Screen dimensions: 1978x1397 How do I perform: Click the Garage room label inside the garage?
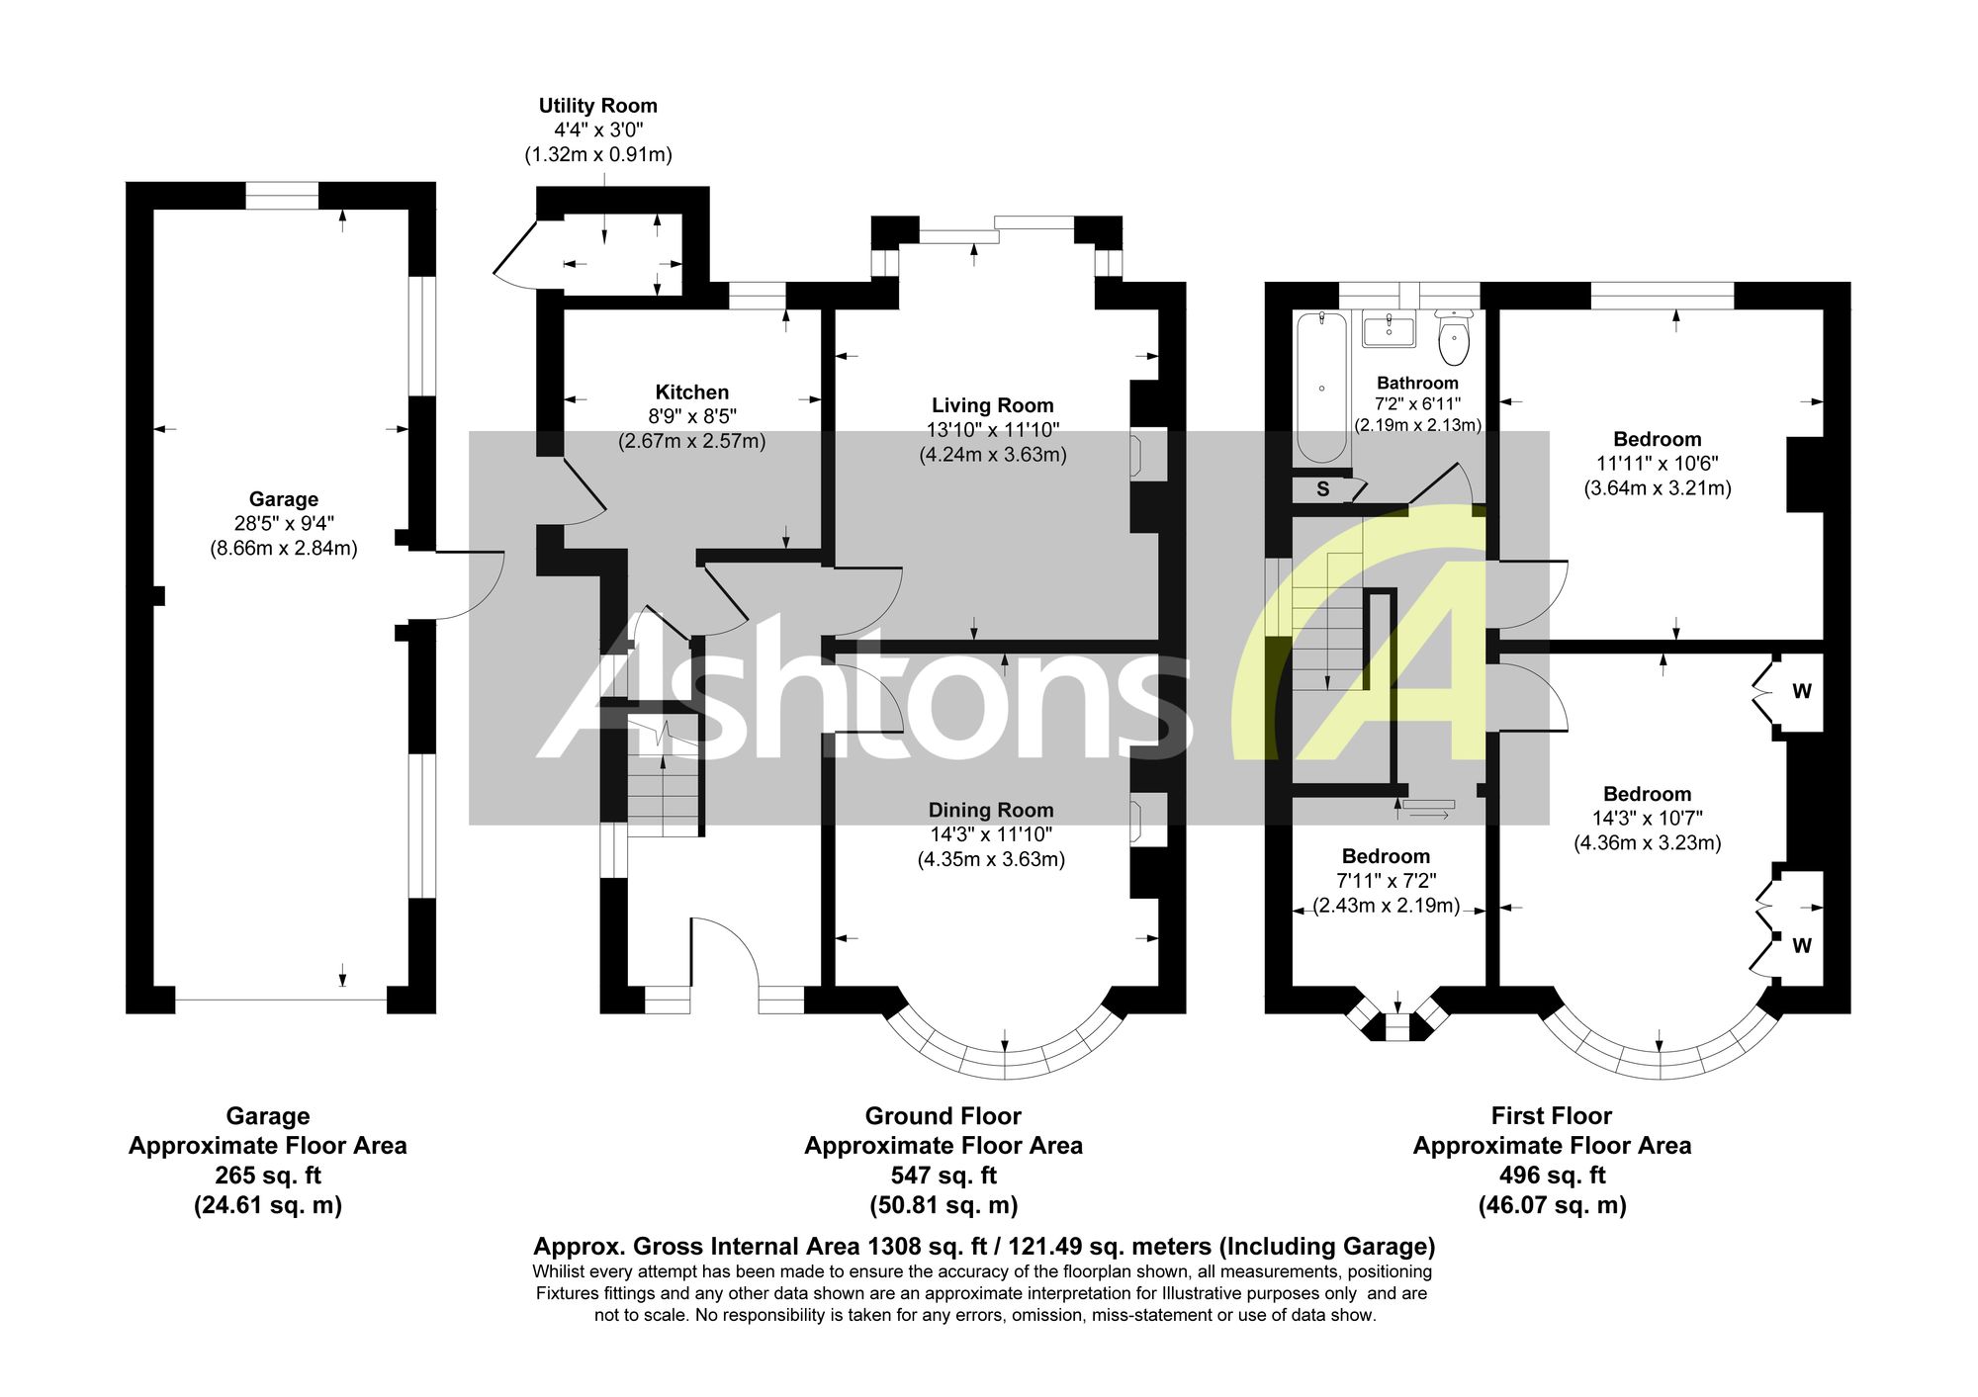click(284, 499)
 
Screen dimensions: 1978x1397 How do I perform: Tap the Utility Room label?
click(598, 106)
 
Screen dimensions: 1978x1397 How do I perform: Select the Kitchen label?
click(692, 393)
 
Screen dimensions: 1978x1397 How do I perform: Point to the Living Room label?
click(993, 405)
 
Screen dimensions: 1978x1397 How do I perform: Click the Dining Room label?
click(991, 810)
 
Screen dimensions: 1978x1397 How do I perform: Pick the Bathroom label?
click(1417, 383)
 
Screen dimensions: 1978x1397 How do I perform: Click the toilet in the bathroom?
click(1454, 337)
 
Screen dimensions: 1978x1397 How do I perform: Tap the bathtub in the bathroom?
click(1321, 387)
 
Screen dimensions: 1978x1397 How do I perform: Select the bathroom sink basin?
click(1389, 329)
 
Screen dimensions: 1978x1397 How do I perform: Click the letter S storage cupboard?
click(1323, 489)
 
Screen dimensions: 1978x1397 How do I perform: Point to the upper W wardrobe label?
click(1802, 691)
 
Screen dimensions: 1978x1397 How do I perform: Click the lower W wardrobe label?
click(1802, 946)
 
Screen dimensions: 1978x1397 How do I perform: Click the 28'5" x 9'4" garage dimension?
click(284, 524)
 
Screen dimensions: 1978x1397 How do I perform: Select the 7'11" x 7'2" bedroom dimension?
click(1387, 881)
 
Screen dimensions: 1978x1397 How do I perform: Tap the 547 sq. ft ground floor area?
click(944, 1176)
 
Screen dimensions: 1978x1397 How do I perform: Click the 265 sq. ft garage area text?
click(268, 1176)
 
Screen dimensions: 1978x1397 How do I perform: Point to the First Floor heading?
click(1552, 1116)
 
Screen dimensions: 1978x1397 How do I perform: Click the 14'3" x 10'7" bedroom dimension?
click(1648, 819)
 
